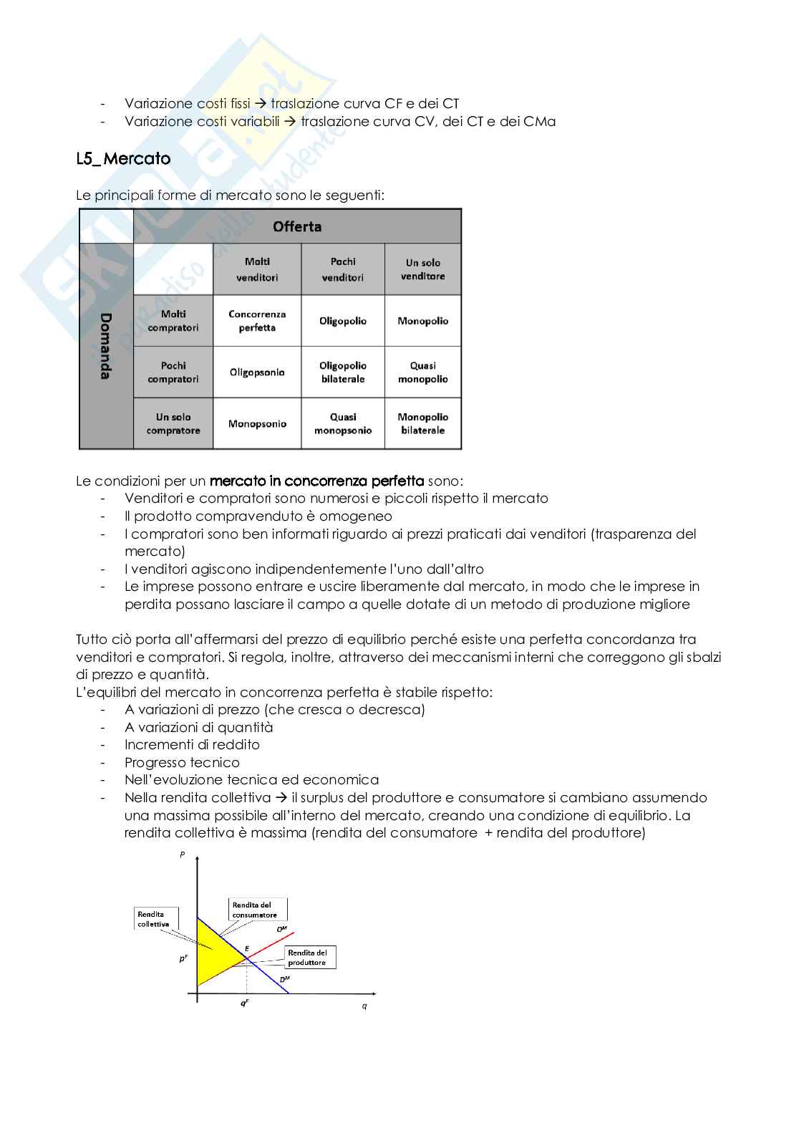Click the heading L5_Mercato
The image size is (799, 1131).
123,158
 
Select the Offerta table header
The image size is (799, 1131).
297,226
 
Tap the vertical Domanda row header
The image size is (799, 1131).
106,346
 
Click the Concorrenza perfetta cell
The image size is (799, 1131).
257,321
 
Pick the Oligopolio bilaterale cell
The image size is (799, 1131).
343,372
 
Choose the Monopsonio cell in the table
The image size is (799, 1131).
257,424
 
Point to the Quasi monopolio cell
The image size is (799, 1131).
423,372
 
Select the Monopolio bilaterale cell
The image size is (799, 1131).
423,424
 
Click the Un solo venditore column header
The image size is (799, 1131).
423,269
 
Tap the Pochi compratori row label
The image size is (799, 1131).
173,372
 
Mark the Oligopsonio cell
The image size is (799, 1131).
257,372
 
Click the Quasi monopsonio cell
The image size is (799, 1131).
343,424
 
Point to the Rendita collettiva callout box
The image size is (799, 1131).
154,919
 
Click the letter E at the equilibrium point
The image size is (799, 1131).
247,948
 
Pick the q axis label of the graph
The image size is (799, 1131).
364,1006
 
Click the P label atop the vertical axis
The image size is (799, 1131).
183,855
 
